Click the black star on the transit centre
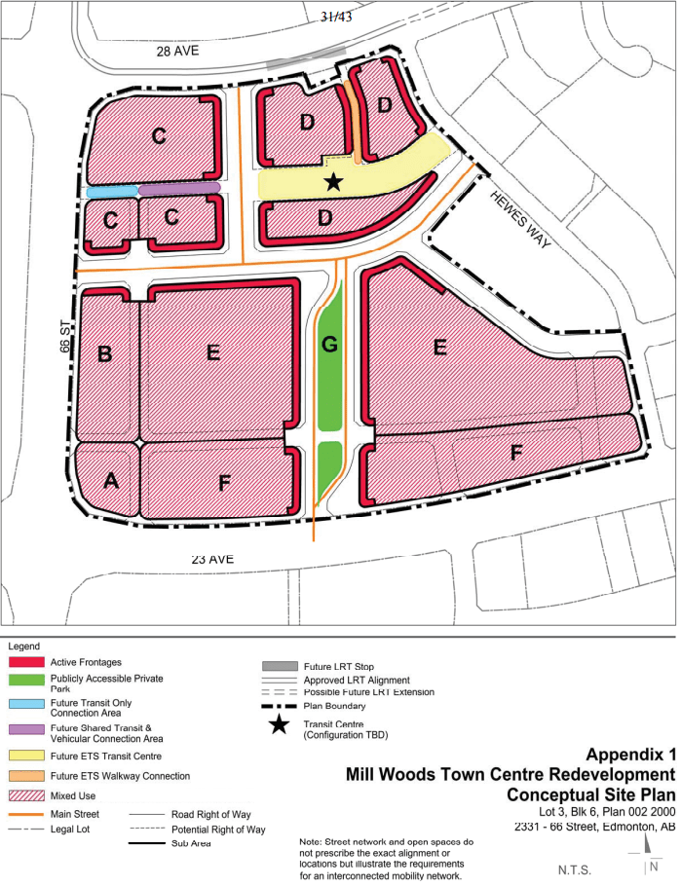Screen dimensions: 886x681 click(333, 181)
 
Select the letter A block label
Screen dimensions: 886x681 click(110, 480)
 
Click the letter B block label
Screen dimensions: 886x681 click(106, 353)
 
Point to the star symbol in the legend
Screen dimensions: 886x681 click(279, 725)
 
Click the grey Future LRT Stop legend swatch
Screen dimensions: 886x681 click(279, 666)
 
